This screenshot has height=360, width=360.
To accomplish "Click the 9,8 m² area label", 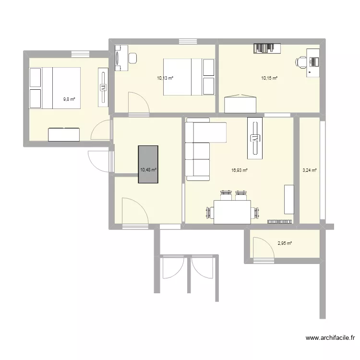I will pos(69,99).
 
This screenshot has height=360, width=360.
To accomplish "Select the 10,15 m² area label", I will pos(269,78).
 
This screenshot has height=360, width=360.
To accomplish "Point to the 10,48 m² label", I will pos(148,169).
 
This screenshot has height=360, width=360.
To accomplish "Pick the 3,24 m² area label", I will pos(310,170).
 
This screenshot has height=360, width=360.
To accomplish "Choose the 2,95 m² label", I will pos(285,243).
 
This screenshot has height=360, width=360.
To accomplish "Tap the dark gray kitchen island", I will pos(148,164).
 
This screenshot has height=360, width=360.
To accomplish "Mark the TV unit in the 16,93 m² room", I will pos(255,138).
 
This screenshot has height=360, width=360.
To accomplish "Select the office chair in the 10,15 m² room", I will pos(301,62).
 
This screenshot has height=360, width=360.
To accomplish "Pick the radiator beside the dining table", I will pos(280,222).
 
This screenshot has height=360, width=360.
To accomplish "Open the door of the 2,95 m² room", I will pos(262,250).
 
